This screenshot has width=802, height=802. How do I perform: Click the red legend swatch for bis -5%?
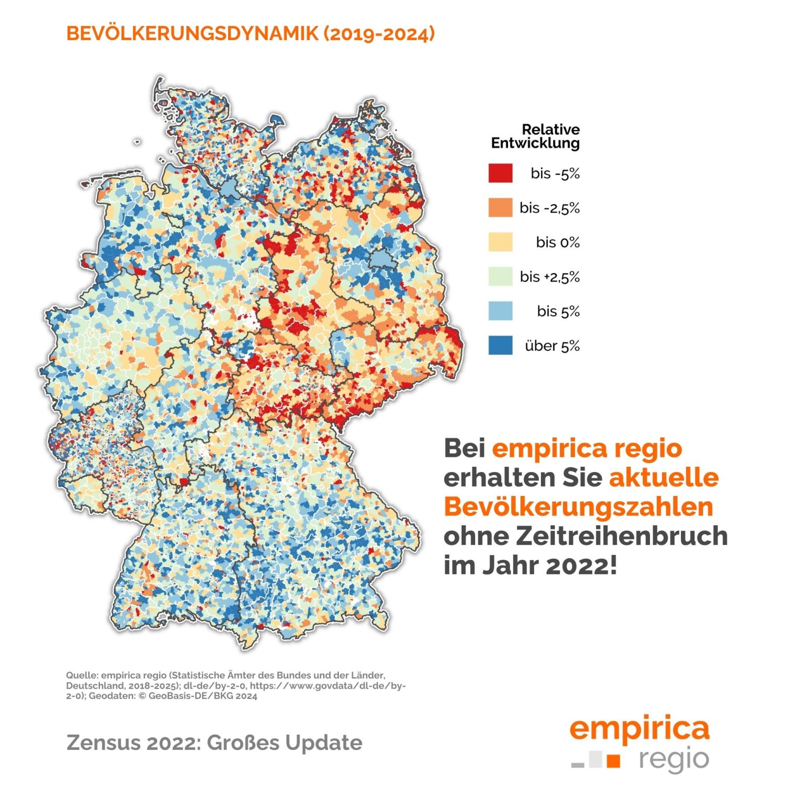click(500, 173)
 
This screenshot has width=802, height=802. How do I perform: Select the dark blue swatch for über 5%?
click(500, 346)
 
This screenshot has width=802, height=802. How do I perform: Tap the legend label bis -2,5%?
click(549, 208)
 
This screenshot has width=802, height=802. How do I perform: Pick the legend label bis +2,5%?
click(549, 277)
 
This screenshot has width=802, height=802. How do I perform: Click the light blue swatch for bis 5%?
click(500, 311)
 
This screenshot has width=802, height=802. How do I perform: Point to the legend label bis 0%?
click(558, 242)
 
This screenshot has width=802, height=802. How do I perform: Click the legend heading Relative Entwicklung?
click(535, 136)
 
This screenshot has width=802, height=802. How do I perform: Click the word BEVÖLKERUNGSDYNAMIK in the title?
click(192, 33)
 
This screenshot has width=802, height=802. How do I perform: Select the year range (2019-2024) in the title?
click(379, 33)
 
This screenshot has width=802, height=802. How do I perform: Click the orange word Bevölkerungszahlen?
click(579, 506)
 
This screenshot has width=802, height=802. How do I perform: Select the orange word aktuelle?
click(663, 477)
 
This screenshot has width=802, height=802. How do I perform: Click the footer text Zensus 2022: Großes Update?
click(214, 742)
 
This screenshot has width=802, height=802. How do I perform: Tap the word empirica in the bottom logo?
click(639, 728)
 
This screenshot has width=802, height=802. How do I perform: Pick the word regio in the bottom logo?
click(674, 760)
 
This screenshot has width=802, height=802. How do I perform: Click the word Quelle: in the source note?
click(81, 675)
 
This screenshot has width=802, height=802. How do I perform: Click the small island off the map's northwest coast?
click(137, 141)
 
